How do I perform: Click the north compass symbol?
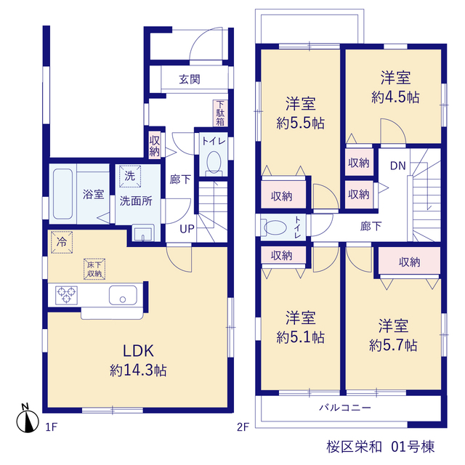tap(28, 418)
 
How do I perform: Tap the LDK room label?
tap(138, 351)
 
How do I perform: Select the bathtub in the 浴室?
tap(63, 194)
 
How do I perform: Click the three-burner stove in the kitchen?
tap(66, 295)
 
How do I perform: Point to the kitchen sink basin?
tap(123, 295)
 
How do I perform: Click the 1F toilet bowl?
tap(214, 162)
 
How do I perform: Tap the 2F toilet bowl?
tap(275, 227)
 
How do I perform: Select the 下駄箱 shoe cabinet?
tap(220, 113)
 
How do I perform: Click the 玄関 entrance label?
tap(190, 79)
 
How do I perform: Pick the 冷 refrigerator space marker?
tap(62, 242)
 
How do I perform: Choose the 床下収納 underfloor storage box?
tap(94, 270)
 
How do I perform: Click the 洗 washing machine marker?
tap(130, 176)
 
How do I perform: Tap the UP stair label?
tap(187, 229)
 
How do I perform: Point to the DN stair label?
tap(397, 166)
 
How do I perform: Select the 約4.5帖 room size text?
tap(395, 97)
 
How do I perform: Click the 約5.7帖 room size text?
tap(393, 345)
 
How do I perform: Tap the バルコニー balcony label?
tap(345, 408)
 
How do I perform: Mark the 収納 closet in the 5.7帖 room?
tap(409, 262)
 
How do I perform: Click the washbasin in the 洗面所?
tap(143, 233)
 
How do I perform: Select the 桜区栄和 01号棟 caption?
tap(381, 447)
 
